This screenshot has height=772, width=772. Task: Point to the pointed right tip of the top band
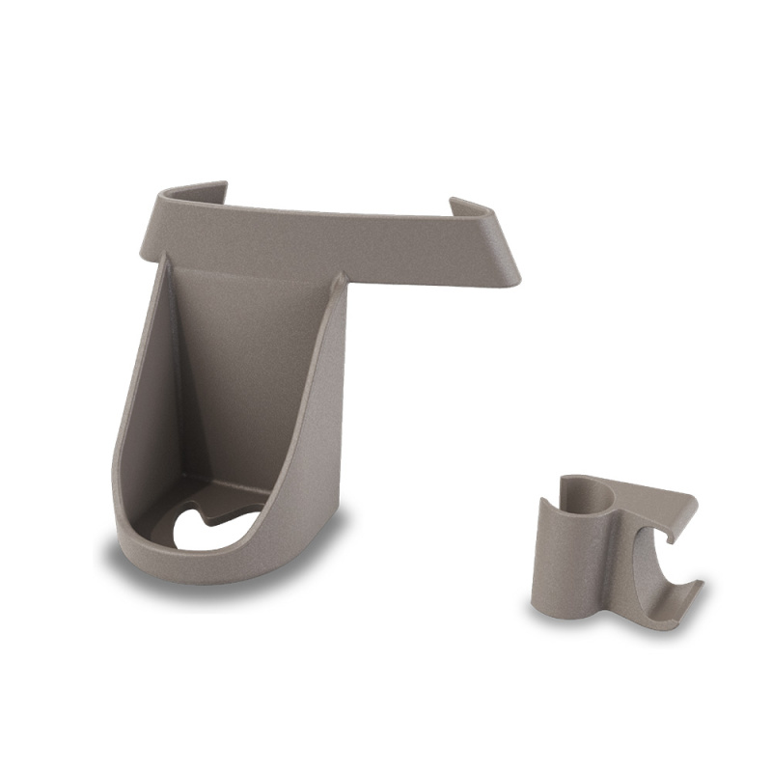(x=515, y=282)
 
